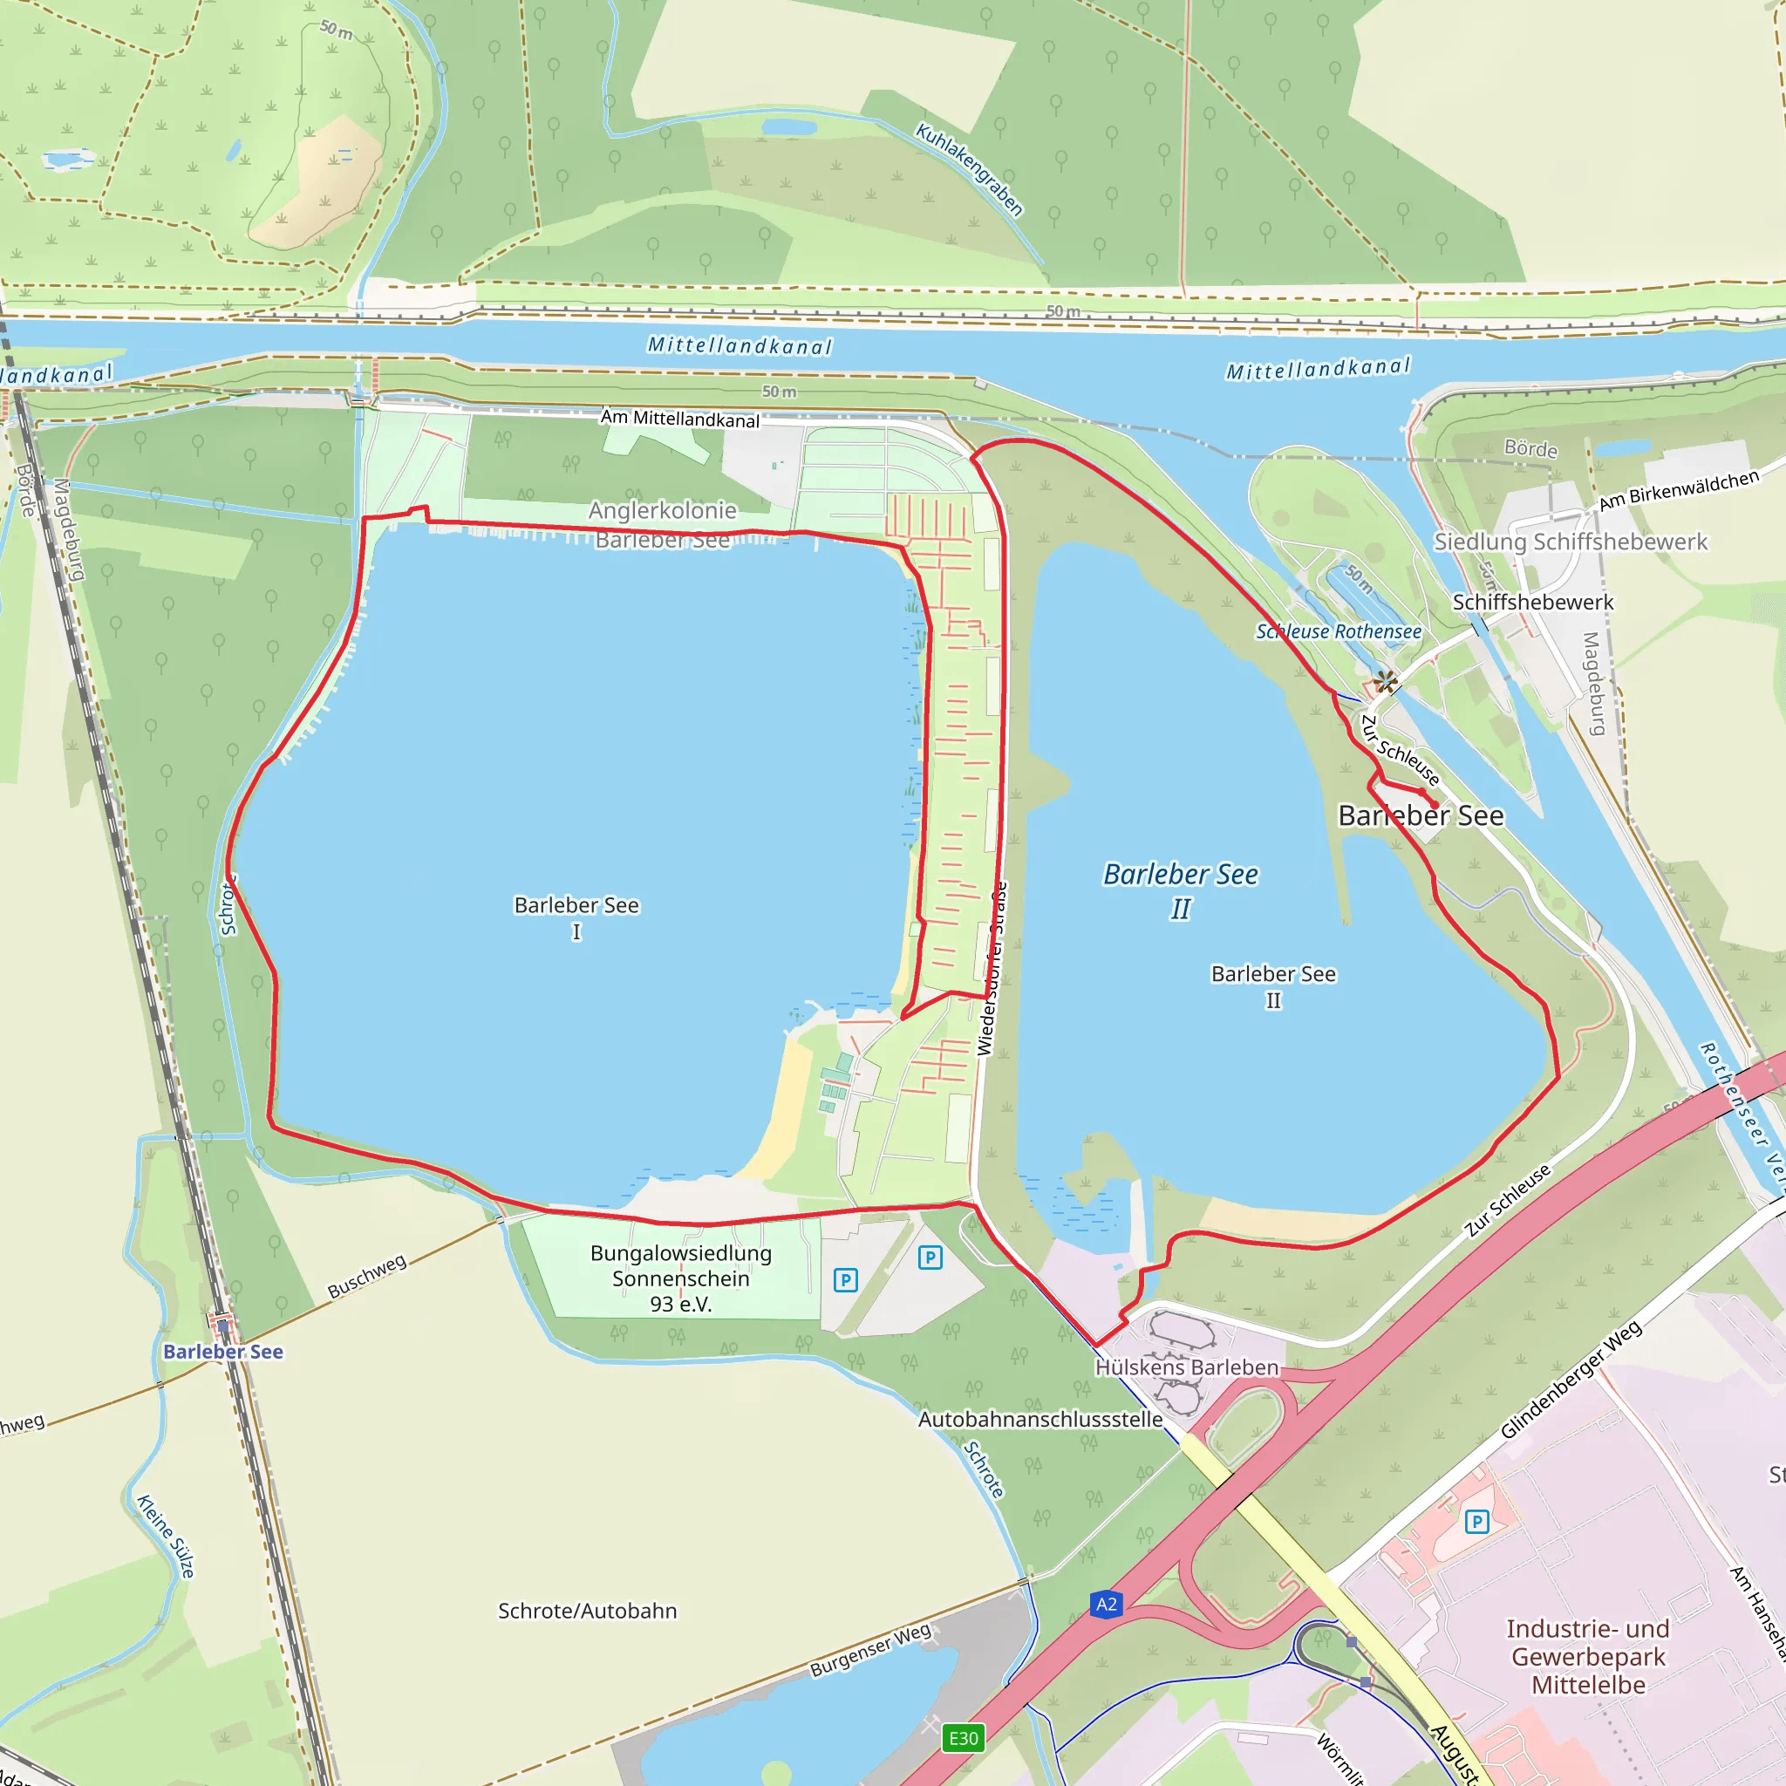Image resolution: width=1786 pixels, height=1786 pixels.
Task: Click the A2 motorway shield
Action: pos(1107,1604)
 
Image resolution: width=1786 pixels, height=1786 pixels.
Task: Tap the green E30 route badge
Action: pos(964,1738)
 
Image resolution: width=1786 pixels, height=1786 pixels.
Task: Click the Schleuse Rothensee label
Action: pos(1338,631)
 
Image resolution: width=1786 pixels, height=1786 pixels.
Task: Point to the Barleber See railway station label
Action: pos(222,1352)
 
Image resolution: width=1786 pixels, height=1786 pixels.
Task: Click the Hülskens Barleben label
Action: pos(1186,1367)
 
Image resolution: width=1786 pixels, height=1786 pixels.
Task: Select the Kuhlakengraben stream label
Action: pos(970,169)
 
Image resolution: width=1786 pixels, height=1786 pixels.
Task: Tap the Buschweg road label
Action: pos(367,1276)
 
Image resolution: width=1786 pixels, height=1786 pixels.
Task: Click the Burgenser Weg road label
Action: pos(871,1650)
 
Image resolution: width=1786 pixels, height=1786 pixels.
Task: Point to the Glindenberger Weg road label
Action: pos(1571,1380)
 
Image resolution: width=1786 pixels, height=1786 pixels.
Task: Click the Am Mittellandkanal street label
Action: pos(679,419)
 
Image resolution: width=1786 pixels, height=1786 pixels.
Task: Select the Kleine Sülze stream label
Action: pos(167,1536)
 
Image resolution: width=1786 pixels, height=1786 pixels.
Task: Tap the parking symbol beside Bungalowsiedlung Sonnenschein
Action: pos(845,1280)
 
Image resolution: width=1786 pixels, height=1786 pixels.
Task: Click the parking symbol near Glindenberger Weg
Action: pos(1476,1521)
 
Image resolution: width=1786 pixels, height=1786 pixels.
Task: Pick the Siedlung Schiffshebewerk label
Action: pos(1570,542)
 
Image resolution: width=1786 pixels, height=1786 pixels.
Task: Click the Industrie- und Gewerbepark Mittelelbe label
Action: pos(1587,1657)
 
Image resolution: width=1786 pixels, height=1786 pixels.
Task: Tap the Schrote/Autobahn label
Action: pos(587,1612)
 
